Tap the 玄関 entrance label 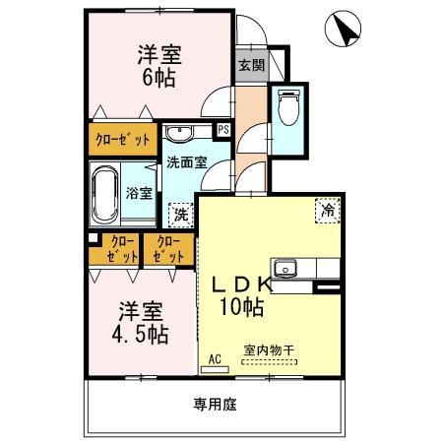tap(249, 65)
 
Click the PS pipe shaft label tap(223, 129)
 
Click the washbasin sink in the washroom tap(180, 134)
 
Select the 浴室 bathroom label tap(139, 193)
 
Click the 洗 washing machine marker tap(180, 214)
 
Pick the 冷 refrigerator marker tap(327, 208)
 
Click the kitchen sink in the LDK tap(285, 267)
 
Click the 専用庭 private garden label tap(214, 404)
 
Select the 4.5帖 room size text tap(137, 334)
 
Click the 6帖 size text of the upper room tap(158, 78)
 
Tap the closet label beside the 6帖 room tap(122, 139)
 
